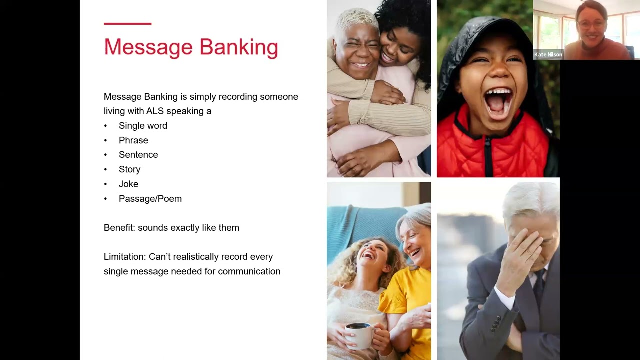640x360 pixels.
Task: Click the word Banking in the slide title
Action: point(238,48)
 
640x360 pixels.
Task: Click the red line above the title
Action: point(127,23)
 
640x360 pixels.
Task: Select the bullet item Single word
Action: point(143,126)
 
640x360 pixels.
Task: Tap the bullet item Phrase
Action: point(133,140)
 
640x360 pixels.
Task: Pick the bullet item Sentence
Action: point(138,155)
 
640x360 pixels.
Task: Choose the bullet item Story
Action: point(129,169)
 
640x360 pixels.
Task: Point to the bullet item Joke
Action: point(128,184)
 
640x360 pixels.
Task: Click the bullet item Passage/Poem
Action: point(150,199)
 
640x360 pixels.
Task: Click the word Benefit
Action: point(119,228)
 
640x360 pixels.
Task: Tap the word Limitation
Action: point(124,257)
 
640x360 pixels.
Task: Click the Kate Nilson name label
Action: point(548,55)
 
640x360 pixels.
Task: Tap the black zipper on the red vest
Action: point(488,155)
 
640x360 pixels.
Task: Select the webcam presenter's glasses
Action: point(591,24)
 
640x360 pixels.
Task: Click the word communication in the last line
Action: point(249,271)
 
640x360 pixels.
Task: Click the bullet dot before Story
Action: point(106,170)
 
